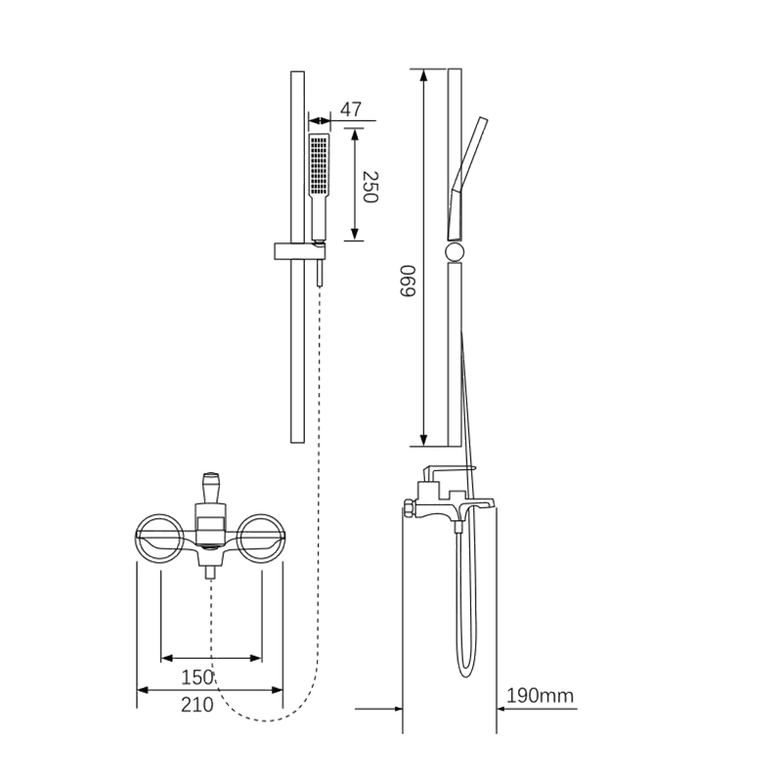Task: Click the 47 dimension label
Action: point(351,109)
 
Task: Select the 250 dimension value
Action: point(370,187)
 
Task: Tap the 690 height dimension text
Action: point(408,281)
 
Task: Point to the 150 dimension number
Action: point(197,677)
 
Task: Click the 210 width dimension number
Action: point(197,705)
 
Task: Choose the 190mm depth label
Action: point(541,695)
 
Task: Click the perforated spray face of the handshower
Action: point(319,164)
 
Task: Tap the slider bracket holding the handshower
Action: point(300,251)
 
